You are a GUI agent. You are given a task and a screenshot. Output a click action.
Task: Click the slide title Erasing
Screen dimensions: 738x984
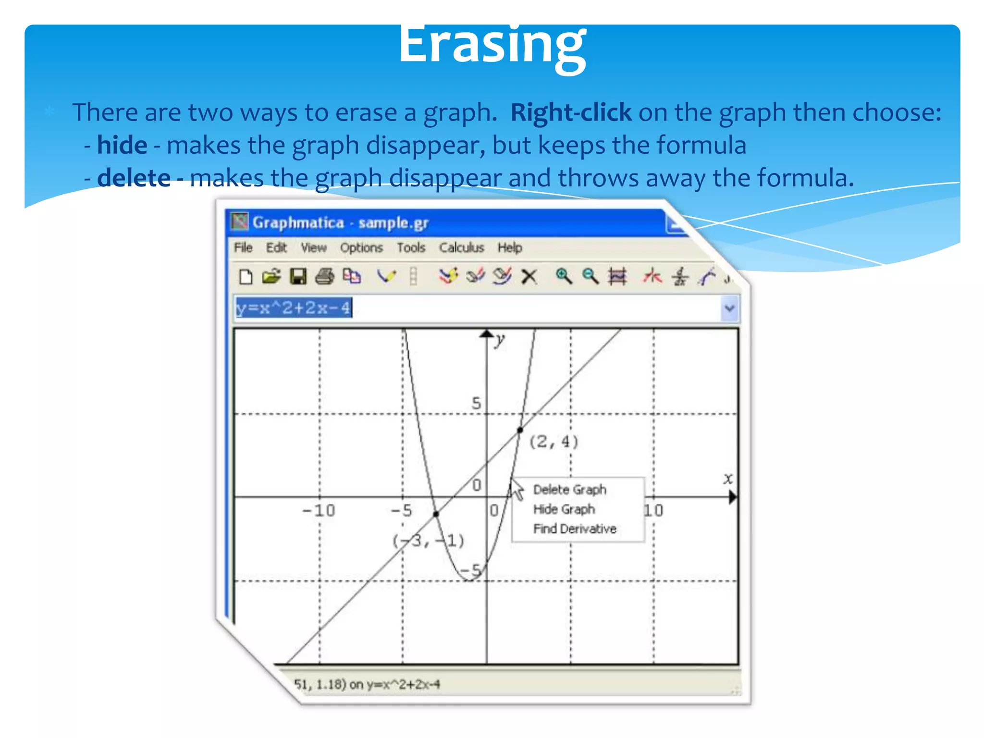(x=492, y=46)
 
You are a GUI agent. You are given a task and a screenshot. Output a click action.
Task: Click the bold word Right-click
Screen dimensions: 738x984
(x=570, y=112)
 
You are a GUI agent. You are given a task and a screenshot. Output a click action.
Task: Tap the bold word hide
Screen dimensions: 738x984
(x=122, y=145)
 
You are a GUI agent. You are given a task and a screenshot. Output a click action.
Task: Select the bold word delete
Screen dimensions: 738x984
(x=134, y=178)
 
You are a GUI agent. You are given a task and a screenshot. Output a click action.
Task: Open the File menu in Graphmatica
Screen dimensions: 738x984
(x=243, y=247)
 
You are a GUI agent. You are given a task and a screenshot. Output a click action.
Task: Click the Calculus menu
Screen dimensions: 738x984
(x=461, y=247)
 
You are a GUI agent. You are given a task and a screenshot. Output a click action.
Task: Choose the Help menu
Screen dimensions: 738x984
(x=510, y=247)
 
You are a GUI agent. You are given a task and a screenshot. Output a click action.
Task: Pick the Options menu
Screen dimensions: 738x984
(x=361, y=247)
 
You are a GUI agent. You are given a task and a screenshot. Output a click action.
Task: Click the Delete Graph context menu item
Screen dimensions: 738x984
(x=570, y=490)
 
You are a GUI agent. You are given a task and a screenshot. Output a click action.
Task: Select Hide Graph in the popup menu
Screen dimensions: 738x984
(x=564, y=509)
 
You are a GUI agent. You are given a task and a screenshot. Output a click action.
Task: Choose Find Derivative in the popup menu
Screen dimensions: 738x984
(x=575, y=529)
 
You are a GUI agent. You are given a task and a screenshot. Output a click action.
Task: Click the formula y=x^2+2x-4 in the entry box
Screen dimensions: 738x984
(x=294, y=307)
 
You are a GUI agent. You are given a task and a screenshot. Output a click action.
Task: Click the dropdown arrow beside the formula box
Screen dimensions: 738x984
(x=730, y=308)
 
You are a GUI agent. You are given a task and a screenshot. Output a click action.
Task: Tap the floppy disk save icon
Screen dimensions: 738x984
(x=298, y=277)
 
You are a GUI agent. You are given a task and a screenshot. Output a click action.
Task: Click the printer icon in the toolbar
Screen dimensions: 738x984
(x=325, y=277)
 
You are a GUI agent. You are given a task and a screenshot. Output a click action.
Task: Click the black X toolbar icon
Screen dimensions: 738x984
(x=529, y=277)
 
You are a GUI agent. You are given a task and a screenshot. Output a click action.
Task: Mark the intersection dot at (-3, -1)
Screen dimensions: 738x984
(x=436, y=514)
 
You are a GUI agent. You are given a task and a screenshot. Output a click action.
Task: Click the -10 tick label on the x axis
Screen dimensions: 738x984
(x=319, y=510)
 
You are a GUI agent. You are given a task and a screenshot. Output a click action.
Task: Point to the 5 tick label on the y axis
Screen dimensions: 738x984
(x=476, y=403)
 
